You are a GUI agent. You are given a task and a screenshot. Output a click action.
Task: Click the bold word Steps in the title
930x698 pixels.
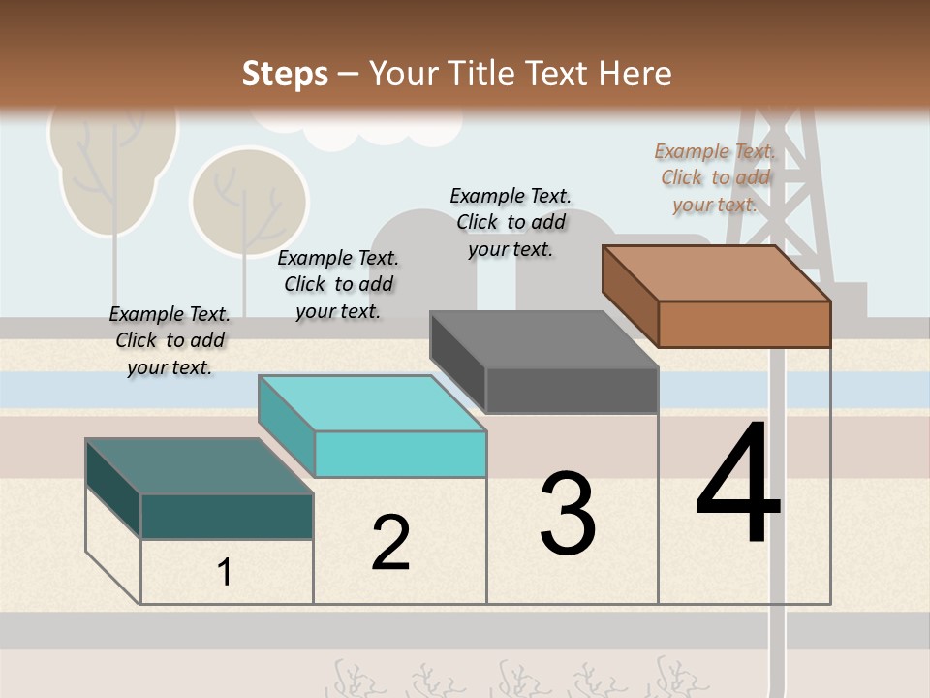(285, 74)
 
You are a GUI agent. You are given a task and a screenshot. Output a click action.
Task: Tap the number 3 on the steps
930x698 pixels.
(568, 514)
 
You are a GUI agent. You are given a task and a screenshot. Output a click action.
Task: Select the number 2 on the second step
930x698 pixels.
(390, 543)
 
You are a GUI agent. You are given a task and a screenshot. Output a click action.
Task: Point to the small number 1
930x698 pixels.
(225, 573)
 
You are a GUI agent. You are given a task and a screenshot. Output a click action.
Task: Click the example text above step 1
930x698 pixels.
(170, 340)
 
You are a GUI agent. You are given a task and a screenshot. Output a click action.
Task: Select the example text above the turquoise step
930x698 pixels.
(338, 284)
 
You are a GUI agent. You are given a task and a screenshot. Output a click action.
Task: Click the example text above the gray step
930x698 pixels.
(511, 222)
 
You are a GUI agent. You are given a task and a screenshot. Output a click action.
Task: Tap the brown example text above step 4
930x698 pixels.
(715, 177)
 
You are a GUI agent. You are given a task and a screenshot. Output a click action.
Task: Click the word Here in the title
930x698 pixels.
(635, 74)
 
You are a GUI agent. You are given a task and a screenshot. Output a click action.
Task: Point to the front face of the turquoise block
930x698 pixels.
(400, 454)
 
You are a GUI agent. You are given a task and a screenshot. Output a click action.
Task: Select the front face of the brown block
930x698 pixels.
(744, 324)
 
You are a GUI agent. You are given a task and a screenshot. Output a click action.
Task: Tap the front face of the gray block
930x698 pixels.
(572, 391)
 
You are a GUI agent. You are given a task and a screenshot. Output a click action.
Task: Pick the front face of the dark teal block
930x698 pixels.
(227, 516)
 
